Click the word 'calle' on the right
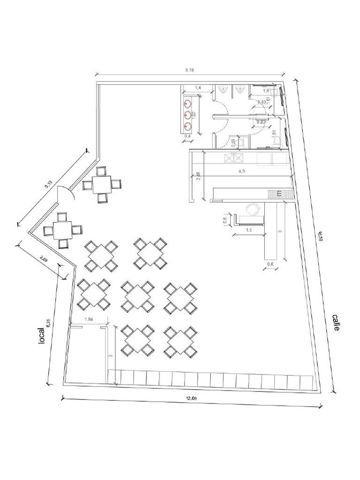pos(336,323)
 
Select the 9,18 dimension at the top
pos(189,70)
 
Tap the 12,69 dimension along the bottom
pos(191,398)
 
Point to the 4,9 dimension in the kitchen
pos(242,171)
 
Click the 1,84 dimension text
pos(88,320)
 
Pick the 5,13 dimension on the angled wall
pos(49,184)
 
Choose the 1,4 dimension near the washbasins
pos(198,88)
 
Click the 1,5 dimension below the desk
pos(249,230)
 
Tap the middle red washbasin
pos(188,114)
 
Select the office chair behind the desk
pos(253,210)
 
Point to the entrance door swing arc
pos(65,193)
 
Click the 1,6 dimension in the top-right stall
pos(266,90)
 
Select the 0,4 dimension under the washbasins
pos(187,136)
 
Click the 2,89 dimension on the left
pos(44,258)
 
